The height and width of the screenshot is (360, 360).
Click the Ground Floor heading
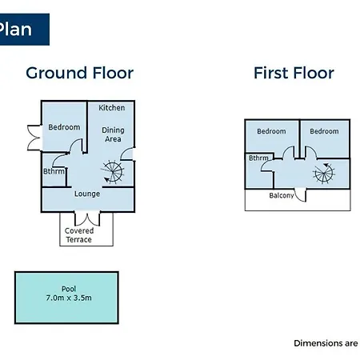pyautogui.click(x=80, y=73)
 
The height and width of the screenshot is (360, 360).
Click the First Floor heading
pyautogui.click(x=294, y=73)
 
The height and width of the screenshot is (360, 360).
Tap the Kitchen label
pyautogui.click(x=112, y=108)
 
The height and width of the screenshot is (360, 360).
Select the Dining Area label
pyautogui.click(x=113, y=134)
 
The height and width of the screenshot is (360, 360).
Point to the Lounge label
pyautogui.click(x=87, y=194)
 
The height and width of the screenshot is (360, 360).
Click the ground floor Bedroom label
pyautogui.click(x=64, y=127)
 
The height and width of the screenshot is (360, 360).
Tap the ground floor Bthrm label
pyautogui.click(x=54, y=171)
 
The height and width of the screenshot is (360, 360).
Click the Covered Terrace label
pyautogui.click(x=79, y=235)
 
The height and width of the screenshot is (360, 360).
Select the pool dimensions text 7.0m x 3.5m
pyautogui.click(x=69, y=298)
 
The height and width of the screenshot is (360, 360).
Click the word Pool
pyautogui.click(x=69, y=289)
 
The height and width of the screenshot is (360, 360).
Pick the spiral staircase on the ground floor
pyautogui.click(x=113, y=171)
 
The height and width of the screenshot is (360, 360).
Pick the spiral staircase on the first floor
pyautogui.click(x=324, y=174)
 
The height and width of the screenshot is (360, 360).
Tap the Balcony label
pyautogui.click(x=282, y=195)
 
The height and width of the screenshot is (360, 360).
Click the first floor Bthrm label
pyautogui.click(x=258, y=158)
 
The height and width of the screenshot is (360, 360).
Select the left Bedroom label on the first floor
pyautogui.click(x=271, y=131)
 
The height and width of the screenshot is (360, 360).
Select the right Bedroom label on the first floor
pyautogui.click(x=324, y=131)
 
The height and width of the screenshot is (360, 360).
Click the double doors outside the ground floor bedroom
pyautogui.click(x=34, y=138)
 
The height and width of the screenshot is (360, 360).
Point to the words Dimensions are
pyautogui.click(x=326, y=343)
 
